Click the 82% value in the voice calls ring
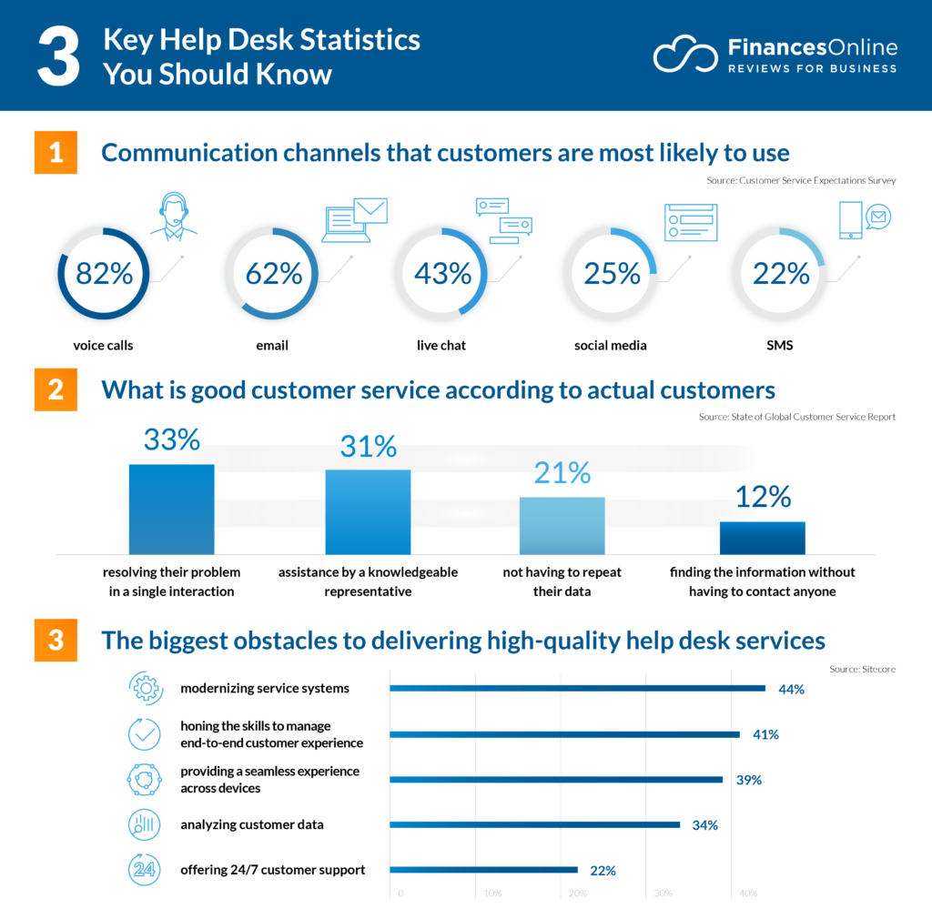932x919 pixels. [x=104, y=273]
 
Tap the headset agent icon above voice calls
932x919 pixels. [x=173, y=217]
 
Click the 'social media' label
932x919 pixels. [x=610, y=346]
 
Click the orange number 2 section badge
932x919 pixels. [x=56, y=390]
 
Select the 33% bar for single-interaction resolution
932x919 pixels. [x=171, y=509]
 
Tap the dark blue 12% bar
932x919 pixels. [x=762, y=538]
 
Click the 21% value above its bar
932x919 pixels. [x=563, y=473]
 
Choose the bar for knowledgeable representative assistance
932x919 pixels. [x=368, y=511]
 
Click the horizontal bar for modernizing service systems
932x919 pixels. [x=577, y=689]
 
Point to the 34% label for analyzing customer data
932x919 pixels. [x=704, y=825]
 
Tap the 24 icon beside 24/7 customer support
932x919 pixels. [x=145, y=870]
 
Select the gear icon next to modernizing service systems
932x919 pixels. [x=145, y=689]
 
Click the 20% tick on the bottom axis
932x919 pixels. [x=577, y=894]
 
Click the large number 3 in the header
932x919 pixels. [x=56, y=56]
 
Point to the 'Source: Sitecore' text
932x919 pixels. [x=862, y=669]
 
